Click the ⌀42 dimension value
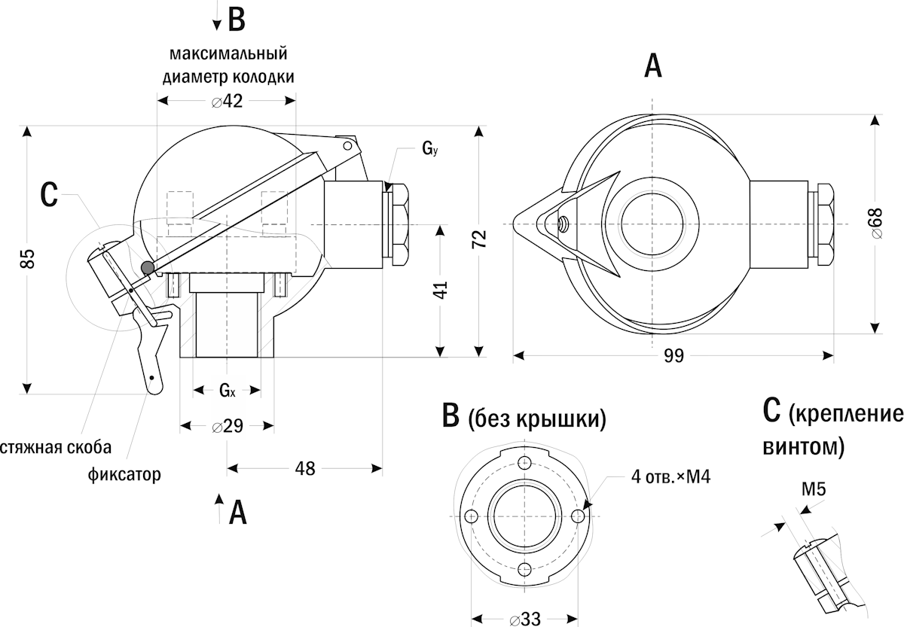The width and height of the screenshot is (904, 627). pos(228,101)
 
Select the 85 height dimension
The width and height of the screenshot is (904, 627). pos(28,259)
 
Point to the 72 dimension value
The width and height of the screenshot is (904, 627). pos(480,239)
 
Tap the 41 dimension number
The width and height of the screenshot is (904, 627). pos(441,290)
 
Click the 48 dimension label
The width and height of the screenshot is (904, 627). pos(304,468)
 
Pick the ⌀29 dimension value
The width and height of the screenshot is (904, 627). pos(228,426)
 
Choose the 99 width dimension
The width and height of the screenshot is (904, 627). pos(674,355)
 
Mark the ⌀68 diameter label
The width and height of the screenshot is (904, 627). pos(878,223)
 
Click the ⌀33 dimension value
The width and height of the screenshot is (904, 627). pos(524,619)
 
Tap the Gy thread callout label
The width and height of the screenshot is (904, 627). pos(430,149)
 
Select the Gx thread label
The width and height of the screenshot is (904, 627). pos(228,391)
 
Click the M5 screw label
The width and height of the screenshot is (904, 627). pos(814,489)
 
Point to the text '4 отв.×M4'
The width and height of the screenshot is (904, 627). pos(670,477)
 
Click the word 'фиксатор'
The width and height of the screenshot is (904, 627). pos(124,475)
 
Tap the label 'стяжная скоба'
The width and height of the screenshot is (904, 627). pos(56,448)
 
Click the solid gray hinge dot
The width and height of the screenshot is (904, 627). pos(148,267)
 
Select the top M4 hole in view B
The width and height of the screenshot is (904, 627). pos(524,462)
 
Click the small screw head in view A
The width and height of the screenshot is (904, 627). pos(561,223)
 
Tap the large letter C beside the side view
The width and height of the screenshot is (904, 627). pos(49,195)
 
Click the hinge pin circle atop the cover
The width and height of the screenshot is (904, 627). pos(347,145)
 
